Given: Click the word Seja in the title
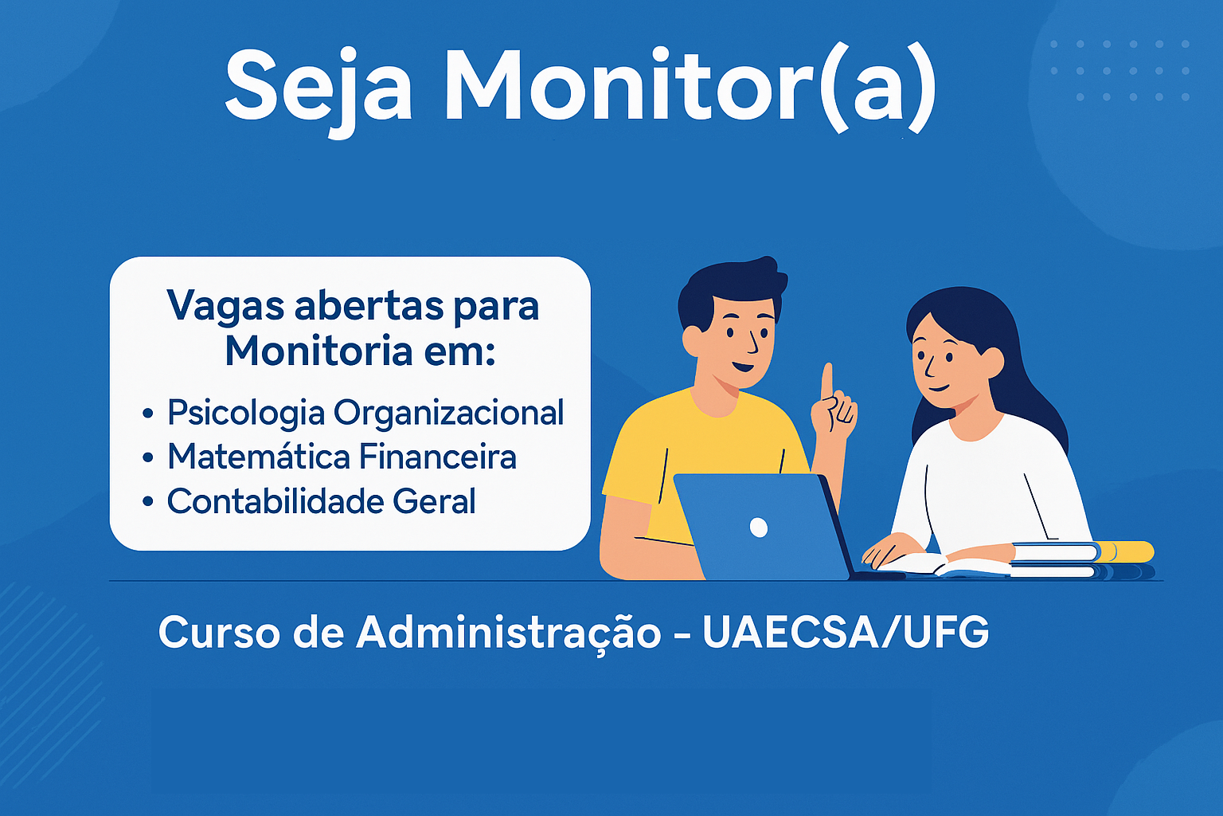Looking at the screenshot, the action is (318, 90).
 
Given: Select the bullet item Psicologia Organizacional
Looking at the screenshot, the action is (365, 413).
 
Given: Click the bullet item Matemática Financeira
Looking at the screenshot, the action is (342, 457).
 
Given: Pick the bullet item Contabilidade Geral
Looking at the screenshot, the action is (321, 500).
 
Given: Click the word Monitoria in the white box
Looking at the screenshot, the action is (318, 351).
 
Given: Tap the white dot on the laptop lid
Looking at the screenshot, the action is (759, 528).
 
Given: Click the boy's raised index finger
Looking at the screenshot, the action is (827, 380).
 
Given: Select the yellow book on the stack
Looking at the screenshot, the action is (1125, 551).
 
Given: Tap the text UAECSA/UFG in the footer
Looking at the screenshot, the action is (846, 633).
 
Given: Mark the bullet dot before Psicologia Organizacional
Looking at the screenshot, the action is (147, 414).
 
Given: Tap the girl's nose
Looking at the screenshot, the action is (930, 367).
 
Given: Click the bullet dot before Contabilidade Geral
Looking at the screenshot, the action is (147, 501).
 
